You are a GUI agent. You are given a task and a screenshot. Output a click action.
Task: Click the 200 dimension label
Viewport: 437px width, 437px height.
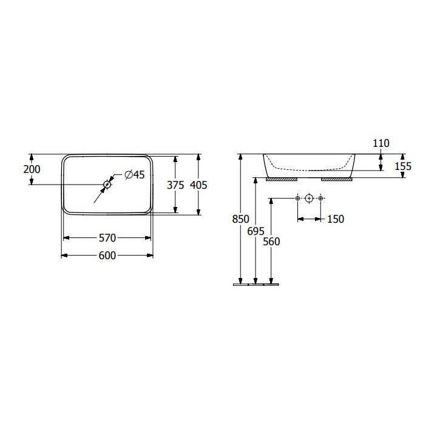pyautogui.click(x=32, y=169)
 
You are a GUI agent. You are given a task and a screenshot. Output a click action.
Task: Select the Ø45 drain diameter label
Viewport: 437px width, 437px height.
pyautogui.click(x=135, y=175)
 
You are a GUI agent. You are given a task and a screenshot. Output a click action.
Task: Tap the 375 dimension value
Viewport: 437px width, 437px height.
pyautogui.click(x=175, y=185)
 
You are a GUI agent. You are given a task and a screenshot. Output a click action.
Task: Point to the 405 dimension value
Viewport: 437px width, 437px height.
pyautogui.click(x=198, y=185)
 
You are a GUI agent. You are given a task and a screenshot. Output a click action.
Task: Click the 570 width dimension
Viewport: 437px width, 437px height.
pyautogui.click(x=107, y=238)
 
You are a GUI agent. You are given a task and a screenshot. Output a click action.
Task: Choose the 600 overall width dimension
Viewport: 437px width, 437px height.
pyautogui.click(x=107, y=256)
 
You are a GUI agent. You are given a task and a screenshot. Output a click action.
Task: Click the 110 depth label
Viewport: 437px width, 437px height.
pyautogui.click(x=381, y=143)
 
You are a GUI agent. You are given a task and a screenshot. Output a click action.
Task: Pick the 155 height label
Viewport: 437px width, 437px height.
pyautogui.click(x=403, y=166)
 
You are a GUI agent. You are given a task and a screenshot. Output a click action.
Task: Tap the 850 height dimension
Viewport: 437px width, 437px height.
pyautogui.click(x=240, y=219)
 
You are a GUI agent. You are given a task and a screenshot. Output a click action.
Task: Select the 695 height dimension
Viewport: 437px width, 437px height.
pyautogui.click(x=256, y=231)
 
